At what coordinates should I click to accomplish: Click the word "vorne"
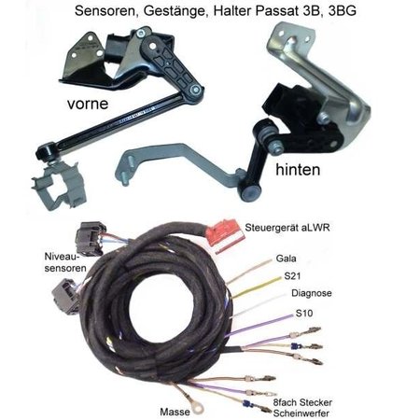[88, 104]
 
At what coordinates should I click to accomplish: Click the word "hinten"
[298, 170]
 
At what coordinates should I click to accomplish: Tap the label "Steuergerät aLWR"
[287, 228]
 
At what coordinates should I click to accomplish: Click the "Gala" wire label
[286, 259]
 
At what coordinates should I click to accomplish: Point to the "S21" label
[292, 276]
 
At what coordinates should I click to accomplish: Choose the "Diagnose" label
[312, 293]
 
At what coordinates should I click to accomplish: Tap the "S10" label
[304, 314]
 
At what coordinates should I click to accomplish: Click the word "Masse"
[175, 412]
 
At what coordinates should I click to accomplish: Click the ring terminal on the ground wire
[198, 407]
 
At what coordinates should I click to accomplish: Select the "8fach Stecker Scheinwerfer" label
[302, 408]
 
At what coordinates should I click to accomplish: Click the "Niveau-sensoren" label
[65, 262]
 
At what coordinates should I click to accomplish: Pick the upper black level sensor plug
[91, 238]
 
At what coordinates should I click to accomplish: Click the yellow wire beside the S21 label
[257, 287]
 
